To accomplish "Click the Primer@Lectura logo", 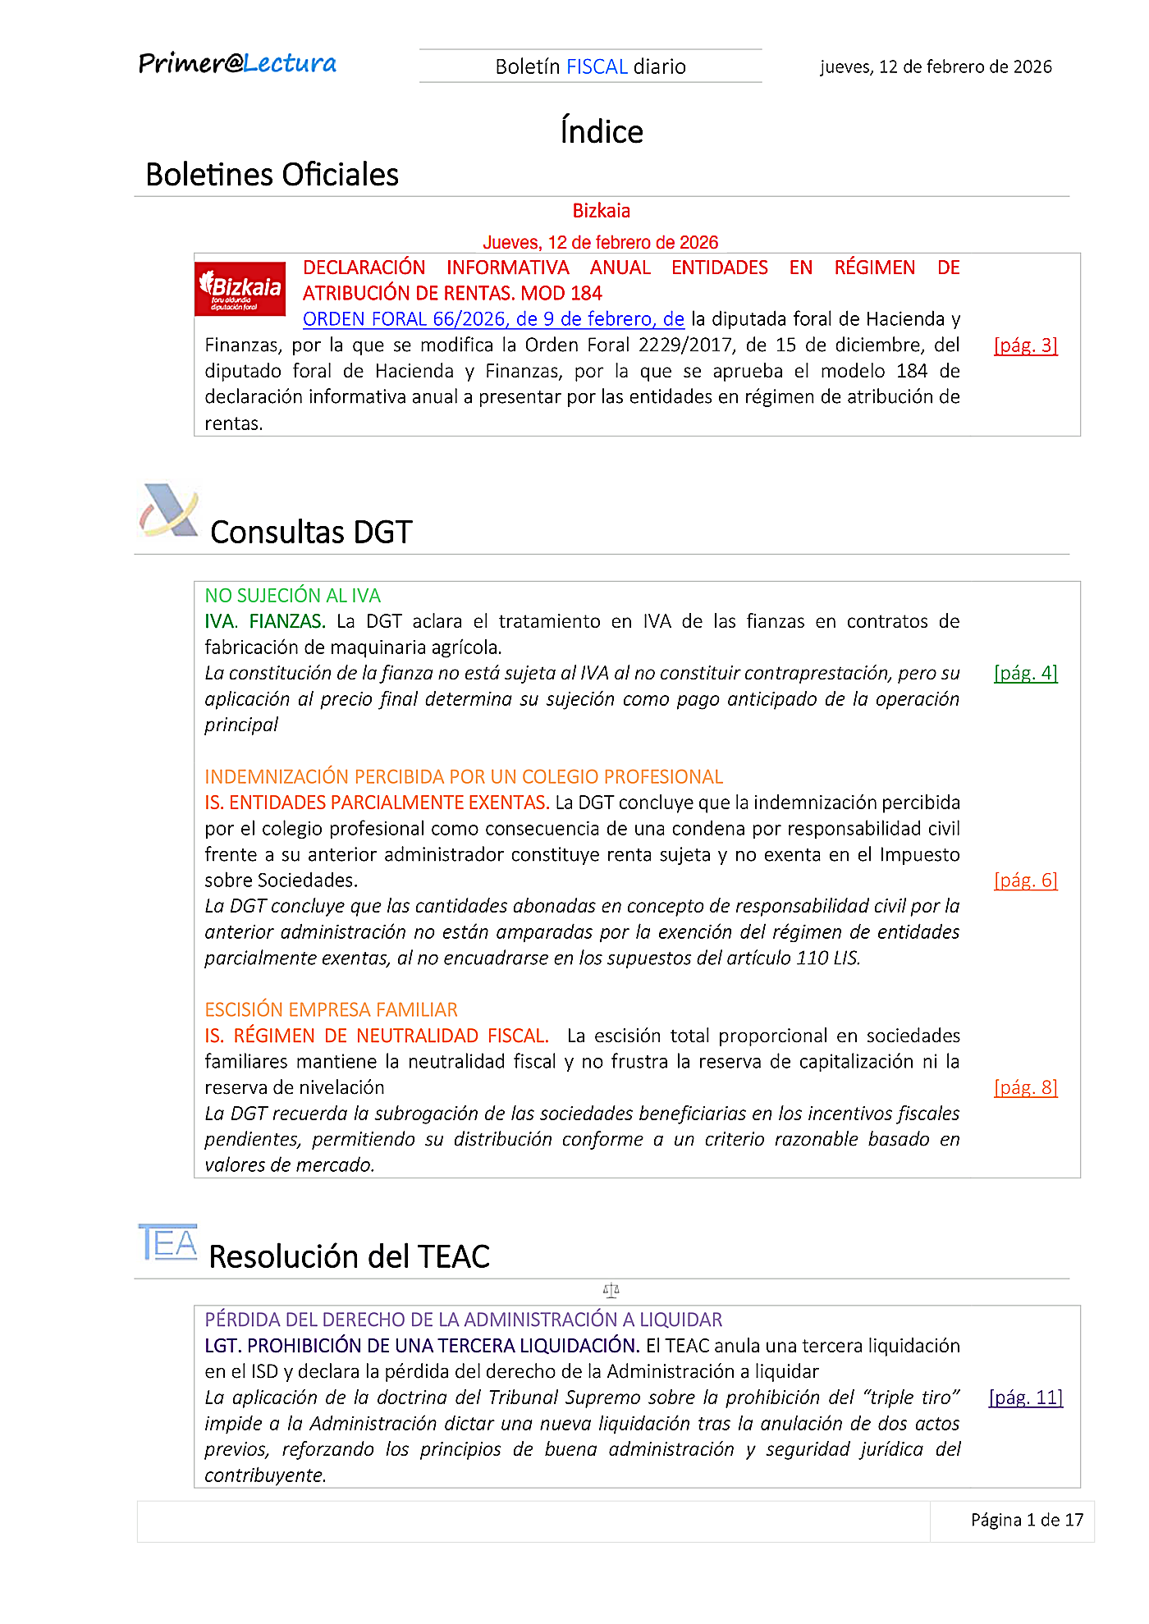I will click(237, 63).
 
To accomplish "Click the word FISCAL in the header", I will click(597, 66).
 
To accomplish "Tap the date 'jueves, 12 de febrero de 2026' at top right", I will click(936, 66).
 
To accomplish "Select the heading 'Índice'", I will click(602, 131).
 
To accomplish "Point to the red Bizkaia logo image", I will click(240, 288).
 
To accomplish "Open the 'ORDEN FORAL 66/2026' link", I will click(493, 319).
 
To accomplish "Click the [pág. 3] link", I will click(1025, 345).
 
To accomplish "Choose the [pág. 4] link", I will click(1025, 673).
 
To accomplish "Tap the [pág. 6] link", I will click(1025, 881).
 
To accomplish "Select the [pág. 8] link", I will click(1025, 1087).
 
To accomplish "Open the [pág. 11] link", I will click(1025, 1398).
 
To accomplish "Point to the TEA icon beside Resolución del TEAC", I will click(168, 1242).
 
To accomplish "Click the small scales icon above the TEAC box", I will click(611, 1291).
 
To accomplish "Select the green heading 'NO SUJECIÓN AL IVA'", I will click(292, 596).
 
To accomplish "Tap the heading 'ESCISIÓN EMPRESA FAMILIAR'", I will click(331, 1009).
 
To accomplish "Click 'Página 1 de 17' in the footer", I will click(1027, 1520).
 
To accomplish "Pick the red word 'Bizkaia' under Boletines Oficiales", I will click(601, 211).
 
